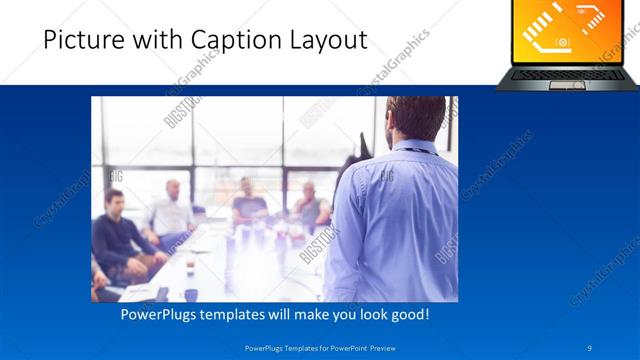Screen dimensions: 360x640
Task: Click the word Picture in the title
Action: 83,41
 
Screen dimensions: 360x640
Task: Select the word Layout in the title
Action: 324,41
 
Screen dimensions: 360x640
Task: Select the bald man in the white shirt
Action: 172,213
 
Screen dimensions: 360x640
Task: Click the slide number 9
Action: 590,348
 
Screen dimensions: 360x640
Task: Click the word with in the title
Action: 151,41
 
